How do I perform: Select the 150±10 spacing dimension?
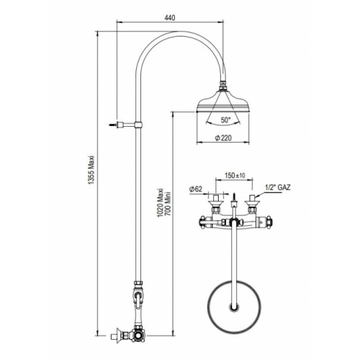coord(235,173)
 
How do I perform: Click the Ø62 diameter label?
coord(195,189)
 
